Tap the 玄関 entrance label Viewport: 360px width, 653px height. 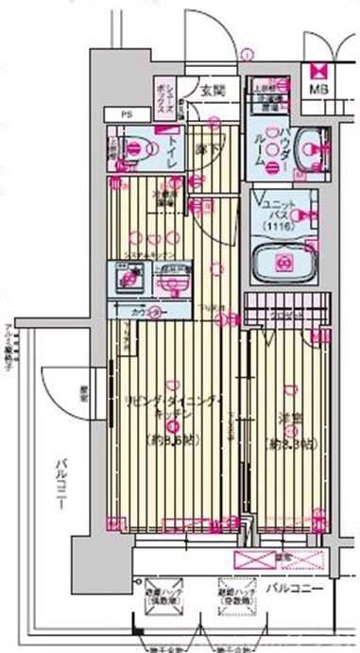213,91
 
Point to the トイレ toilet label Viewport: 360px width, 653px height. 174,149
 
